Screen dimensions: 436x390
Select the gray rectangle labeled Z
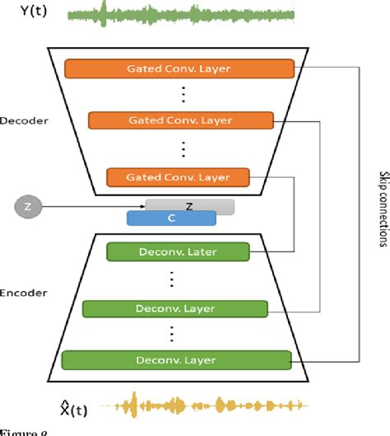189,206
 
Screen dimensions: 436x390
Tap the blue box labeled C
171,218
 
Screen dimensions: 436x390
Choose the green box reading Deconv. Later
177,251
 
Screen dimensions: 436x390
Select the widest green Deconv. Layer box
177,360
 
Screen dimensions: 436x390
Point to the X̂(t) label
32,406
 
